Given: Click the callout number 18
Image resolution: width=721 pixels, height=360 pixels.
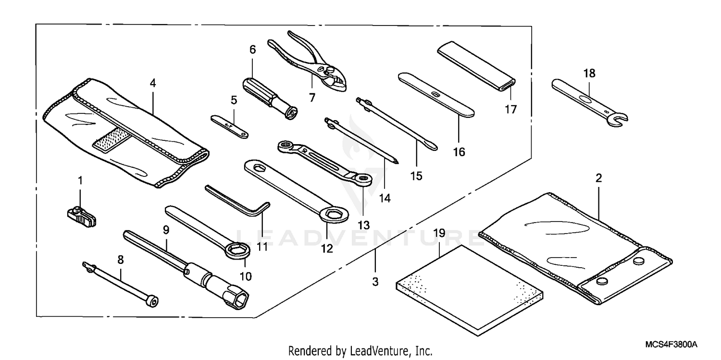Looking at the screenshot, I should tap(589, 74).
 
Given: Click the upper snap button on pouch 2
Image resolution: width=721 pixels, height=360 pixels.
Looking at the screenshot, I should tap(638, 261).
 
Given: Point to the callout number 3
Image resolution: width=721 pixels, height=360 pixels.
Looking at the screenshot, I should tap(375, 282).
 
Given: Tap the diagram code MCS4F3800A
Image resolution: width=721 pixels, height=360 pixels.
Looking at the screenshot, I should tap(671, 345).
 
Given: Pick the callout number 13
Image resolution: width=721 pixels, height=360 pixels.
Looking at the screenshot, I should tap(363, 225).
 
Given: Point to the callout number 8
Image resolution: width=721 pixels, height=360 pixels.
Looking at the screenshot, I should tap(120, 260).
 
